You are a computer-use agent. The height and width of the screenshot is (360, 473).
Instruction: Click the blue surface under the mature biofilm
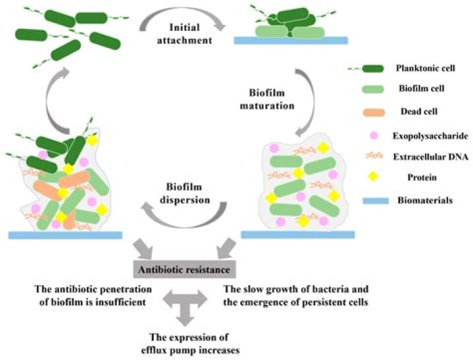pos(298,233)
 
